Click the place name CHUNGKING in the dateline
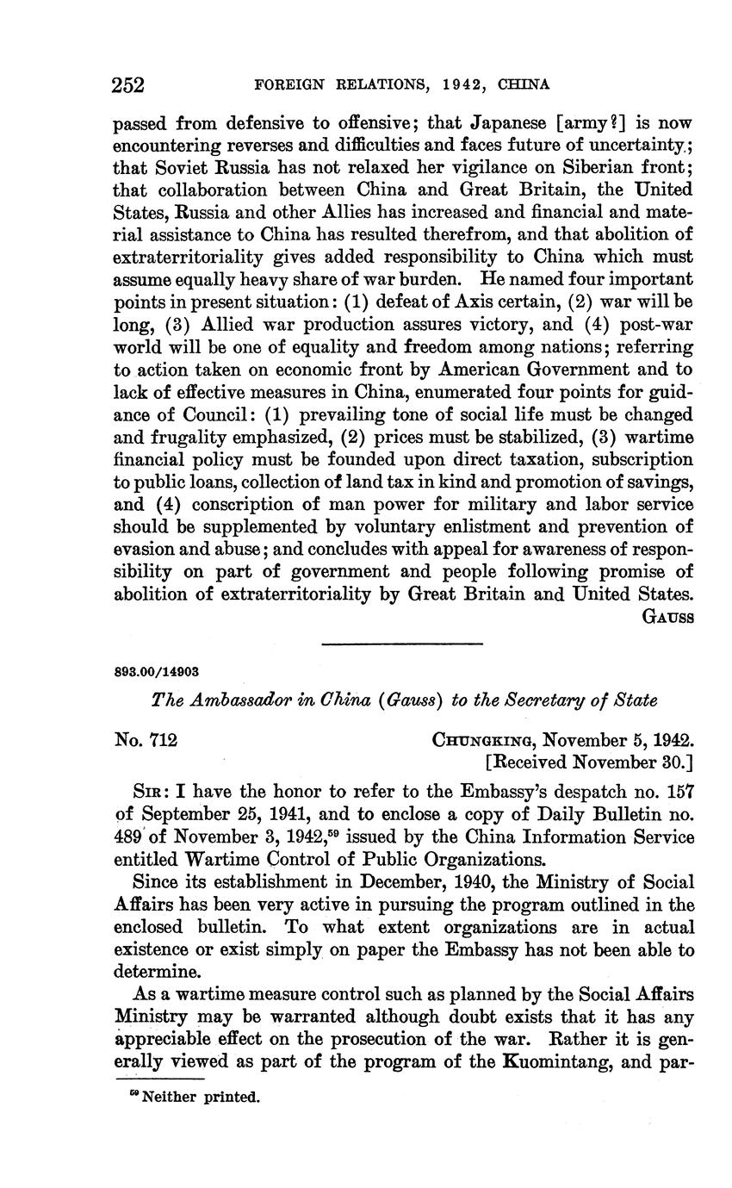(x=482, y=739)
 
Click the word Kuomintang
(x=561, y=1060)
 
